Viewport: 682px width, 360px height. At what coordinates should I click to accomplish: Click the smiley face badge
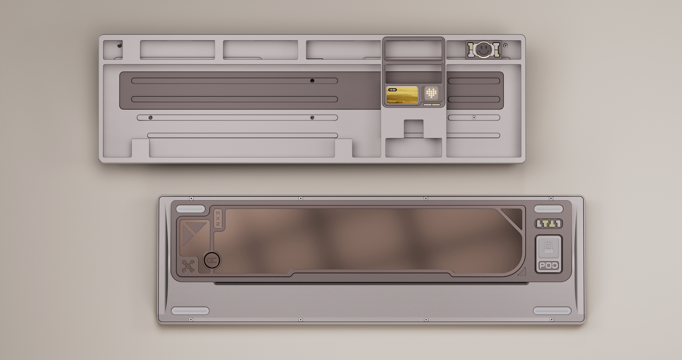[483, 49]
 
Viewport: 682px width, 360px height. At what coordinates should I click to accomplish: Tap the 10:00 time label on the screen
[393, 90]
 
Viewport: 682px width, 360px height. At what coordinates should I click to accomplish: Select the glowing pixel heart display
[432, 93]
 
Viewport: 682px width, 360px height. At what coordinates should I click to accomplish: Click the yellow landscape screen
[402, 96]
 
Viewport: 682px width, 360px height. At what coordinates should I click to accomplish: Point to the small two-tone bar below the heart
[432, 105]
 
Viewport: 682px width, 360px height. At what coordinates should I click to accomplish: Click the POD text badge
[548, 266]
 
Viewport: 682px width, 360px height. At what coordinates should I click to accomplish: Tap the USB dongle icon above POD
[548, 247]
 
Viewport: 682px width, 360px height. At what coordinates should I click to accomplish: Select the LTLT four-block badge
[548, 224]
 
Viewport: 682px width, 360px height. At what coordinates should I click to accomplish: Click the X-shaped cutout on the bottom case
[189, 266]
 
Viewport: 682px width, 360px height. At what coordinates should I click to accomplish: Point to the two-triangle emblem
[194, 233]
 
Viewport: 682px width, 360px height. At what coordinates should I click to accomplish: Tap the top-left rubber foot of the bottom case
[191, 209]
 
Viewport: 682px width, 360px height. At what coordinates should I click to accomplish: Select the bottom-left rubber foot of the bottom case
[190, 311]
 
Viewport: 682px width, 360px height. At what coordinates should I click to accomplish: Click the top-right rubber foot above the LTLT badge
[548, 209]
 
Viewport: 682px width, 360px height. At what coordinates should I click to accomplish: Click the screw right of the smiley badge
[505, 45]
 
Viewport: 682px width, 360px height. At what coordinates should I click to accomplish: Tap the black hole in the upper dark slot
[312, 81]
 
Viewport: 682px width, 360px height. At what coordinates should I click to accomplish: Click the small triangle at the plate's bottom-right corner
[522, 272]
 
